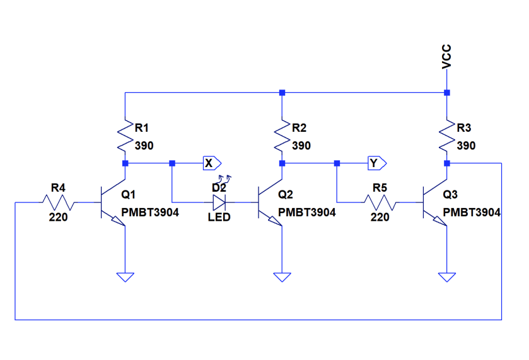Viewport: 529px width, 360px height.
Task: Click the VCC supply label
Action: (x=446, y=57)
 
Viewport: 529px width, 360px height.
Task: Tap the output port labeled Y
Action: (x=377, y=163)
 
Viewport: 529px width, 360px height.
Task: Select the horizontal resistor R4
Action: (x=58, y=202)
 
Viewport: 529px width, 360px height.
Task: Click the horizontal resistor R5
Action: (x=380, y=202)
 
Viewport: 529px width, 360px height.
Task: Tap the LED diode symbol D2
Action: (x=219, y=202)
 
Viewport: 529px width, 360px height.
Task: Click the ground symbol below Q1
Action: (x=125, y=276)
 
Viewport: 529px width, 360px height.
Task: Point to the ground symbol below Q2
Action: (x=282, y=276)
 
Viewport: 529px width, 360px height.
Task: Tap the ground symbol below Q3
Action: (x=446, y=276)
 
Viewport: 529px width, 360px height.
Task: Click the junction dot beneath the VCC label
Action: (x=446, y=93)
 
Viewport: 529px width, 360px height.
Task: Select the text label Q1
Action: (x=128, y=194)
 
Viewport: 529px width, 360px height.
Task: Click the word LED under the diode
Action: (x=219, y=218)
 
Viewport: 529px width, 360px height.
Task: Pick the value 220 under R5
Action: (x=380, y=218)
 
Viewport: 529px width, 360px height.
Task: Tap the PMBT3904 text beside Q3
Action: (x=472, y=212)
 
